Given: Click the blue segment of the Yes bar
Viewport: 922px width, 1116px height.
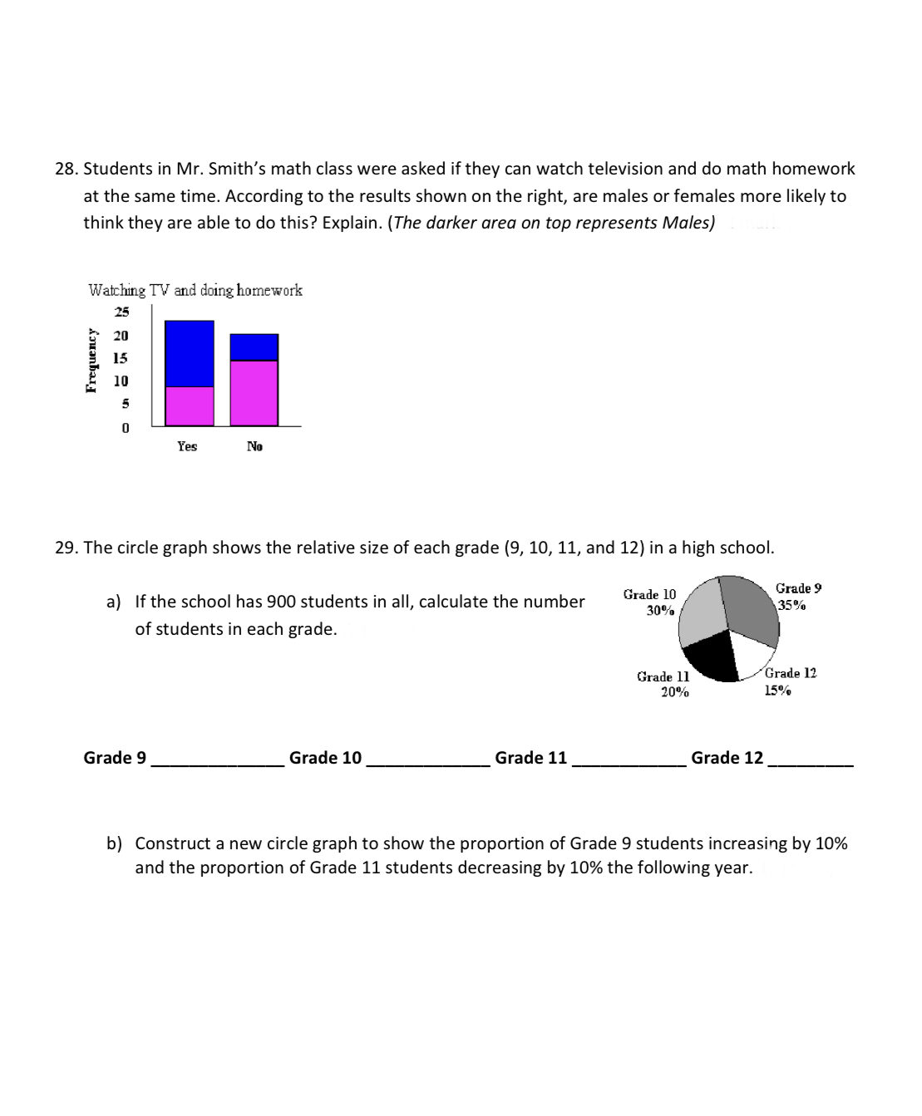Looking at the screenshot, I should (190, 353).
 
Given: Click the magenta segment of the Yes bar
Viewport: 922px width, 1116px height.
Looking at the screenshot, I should (190, 406).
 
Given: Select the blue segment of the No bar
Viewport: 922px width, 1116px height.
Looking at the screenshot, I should (254, 347).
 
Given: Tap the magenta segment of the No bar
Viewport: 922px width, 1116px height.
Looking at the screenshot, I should (254, 392).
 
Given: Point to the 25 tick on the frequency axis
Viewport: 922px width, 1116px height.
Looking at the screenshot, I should (121, 312).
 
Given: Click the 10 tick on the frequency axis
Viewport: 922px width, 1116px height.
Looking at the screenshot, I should (121, 381).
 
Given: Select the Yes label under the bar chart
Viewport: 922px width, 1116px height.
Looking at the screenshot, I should (187, 447).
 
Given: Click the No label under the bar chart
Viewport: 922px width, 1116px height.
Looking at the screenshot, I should (254, 447).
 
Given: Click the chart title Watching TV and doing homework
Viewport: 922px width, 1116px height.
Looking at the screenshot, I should (195, 291).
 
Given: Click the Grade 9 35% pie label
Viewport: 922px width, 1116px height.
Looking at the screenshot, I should (797, 597).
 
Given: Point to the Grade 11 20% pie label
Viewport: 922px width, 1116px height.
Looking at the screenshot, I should (663, 684).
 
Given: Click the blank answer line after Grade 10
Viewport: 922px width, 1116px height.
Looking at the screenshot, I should (427, 760).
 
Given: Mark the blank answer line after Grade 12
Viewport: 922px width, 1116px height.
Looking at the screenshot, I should (811, 760).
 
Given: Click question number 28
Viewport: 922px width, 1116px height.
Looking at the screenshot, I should (66, 169).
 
